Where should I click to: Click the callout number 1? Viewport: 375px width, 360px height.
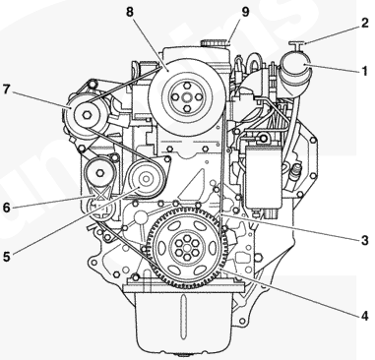[364, 71]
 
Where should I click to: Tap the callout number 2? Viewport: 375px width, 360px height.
[364, 24]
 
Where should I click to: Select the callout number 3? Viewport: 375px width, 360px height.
[364, 240]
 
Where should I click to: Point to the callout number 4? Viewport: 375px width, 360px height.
[364, 316]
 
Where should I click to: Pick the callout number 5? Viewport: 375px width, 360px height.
[7, 257]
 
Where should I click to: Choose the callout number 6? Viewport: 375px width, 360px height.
[7, 208]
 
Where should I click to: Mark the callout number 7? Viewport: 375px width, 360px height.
[7, 90]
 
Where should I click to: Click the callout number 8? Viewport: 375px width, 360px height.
[130, 12]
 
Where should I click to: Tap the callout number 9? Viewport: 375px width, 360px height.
[245, 12]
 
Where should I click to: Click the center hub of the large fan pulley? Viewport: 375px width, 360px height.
[187, 97]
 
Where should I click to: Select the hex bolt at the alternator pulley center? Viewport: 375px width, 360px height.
[87, 115]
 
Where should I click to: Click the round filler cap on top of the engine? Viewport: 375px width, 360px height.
[215, 43]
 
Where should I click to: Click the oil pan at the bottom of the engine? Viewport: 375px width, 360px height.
[185, 320]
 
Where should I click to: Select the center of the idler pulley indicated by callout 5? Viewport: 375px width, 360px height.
[146, 179]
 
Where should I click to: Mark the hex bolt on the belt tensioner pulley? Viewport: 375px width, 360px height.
[99, 171]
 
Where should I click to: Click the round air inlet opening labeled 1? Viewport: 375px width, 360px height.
[295, 66]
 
